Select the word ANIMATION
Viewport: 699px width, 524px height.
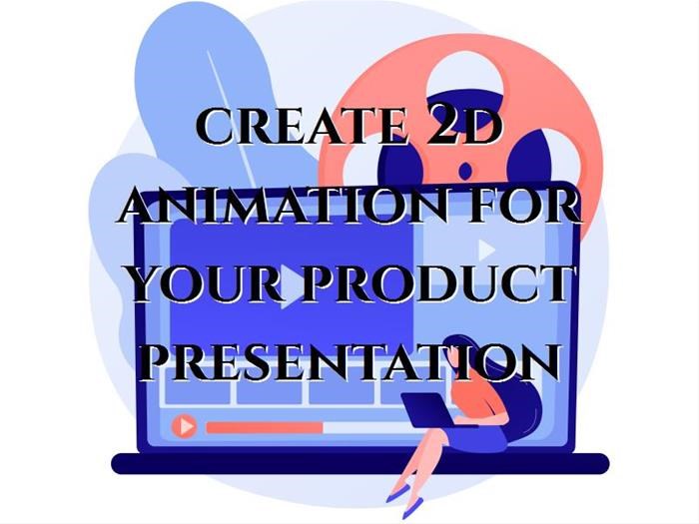pos(283,206)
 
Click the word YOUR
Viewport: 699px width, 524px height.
pos(207,283)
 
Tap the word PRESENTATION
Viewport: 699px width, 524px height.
pos(353,361)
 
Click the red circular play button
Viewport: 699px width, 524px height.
pos(184,426)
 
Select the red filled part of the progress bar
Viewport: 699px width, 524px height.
pos(265,428)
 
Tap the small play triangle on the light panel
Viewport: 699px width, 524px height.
pos(486,250)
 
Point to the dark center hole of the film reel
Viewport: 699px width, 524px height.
pos(465,171)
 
